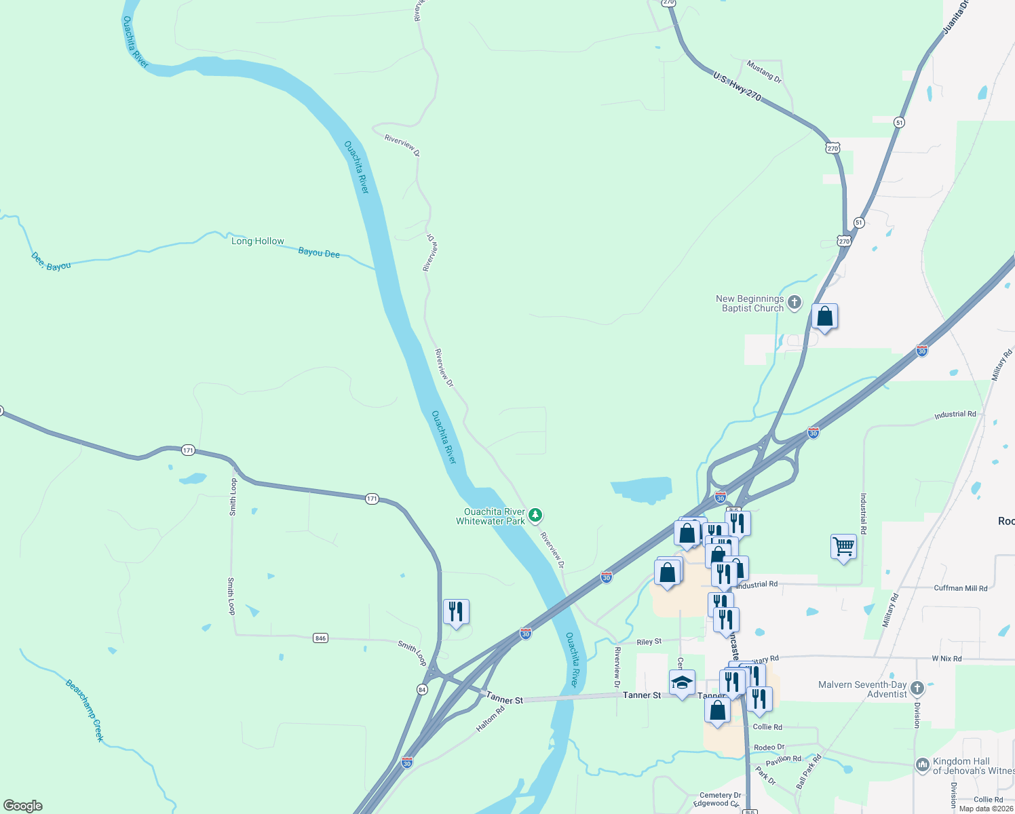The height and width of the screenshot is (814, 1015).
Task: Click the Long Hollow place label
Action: (x=258, y=241)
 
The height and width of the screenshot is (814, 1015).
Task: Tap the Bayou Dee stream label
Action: (x=319, y=253)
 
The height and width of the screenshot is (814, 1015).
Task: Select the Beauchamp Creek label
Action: (x=85, y=710)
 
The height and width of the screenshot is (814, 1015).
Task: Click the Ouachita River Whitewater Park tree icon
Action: (x=535, y=516)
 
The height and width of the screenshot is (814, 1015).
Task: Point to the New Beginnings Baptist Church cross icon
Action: (x=794, y=302)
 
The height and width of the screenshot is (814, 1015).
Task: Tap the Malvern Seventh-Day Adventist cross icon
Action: (x=917, y=689)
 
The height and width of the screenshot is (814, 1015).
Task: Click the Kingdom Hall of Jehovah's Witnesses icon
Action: (x=922, y=765)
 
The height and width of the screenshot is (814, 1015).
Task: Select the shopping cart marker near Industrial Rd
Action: (x=843, y=546)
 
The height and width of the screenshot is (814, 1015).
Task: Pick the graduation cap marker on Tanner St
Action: (x=682, y=682)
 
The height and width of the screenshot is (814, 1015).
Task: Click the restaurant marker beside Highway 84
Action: (x=456, y=612)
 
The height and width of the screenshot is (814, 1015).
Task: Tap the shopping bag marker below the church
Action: (x=824, y=316)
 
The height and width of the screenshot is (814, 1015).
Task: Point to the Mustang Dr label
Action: (x=764, y=72)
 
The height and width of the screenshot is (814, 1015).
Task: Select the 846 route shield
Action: (x=321, y=638)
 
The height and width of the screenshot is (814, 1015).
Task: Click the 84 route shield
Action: (x=422, y=689)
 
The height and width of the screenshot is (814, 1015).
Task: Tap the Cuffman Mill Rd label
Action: (x=961, y=588)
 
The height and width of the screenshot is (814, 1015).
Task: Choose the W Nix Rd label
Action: (x=946, y=659)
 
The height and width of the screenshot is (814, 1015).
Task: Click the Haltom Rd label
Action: (x=490, y=719)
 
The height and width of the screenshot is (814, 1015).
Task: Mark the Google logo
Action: (x=23, y=806)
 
